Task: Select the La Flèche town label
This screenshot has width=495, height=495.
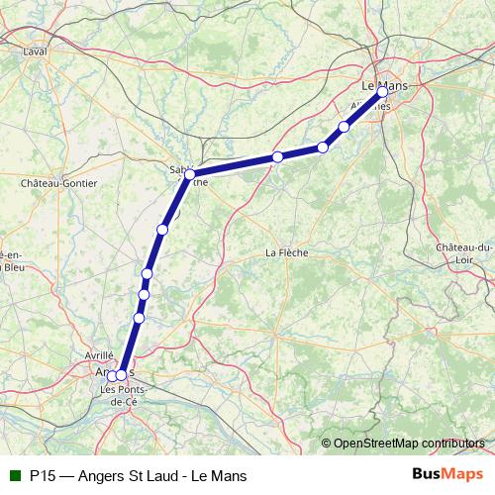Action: pos(287,252)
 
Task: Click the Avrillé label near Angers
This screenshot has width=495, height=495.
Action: pos(99,353)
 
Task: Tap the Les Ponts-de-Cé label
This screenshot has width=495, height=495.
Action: pos(123,395)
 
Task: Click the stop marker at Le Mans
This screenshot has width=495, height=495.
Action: pos(383,92)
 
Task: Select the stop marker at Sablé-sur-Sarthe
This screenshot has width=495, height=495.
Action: pos(189,174)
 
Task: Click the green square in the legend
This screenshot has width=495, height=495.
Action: pos(14,475)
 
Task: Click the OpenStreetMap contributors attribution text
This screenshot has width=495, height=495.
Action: pos(410,444)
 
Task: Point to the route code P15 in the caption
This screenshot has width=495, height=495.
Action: pos(42,475)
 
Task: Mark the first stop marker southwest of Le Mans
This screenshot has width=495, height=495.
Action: pos(345,126)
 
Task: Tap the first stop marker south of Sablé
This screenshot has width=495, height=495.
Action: pos(162,230)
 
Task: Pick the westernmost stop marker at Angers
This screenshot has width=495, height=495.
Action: pos(112,375)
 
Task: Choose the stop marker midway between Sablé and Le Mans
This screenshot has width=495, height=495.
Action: pos(278,156)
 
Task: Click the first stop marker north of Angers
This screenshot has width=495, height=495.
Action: pos(139,318)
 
